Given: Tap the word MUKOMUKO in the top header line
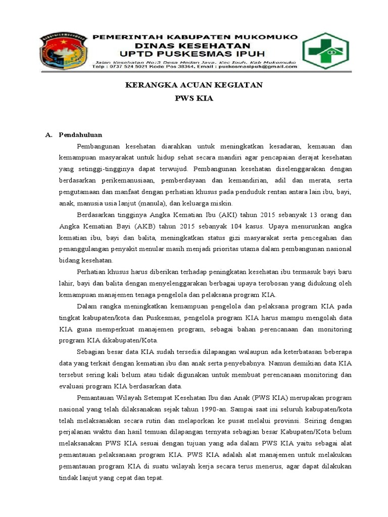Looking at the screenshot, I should point(266,37).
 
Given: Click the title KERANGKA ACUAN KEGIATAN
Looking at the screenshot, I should point(194,85).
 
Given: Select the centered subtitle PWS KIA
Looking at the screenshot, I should point(194,99).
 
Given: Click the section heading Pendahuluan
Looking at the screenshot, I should point(80,135).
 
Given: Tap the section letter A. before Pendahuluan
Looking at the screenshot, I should point(49,135).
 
